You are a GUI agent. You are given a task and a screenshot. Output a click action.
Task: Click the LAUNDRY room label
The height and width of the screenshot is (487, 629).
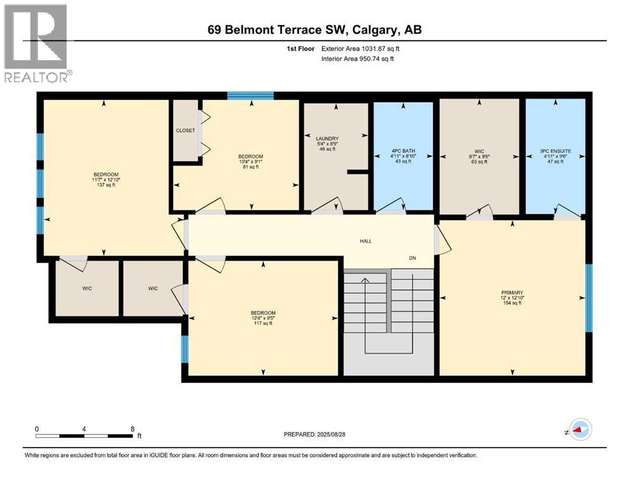pyautogui.click(x=327, y=138)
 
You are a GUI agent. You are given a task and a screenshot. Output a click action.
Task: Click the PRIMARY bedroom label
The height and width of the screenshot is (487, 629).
pyautogui.click(x=512, y=292)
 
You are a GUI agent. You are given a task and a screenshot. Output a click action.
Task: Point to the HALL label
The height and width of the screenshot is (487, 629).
pyautogui.click(x=366, y=241)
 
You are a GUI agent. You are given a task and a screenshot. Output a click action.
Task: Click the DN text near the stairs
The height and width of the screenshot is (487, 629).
pyautogui.click(x=412, y=257)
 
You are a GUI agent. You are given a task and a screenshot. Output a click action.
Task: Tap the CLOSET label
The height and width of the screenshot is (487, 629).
pyautogui.click(x=186, y=130)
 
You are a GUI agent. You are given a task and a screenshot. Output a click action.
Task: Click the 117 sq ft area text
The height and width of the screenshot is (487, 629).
pyautogui.click(x=263, y=323)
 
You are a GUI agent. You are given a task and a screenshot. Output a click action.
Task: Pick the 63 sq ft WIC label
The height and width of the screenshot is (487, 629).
pyautogui.click(x=480, y=162)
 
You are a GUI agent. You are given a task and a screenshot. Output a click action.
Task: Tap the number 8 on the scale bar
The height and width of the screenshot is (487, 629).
pyautogui.click(x=132, y=429)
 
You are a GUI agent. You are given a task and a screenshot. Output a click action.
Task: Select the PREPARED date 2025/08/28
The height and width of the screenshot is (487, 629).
pyautogui.click(x=324, y=434)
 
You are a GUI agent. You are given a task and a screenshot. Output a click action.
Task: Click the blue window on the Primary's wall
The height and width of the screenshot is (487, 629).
pyautogui.click(x=588, y=298)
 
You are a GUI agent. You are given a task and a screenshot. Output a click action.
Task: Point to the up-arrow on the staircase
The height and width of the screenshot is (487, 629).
pyautogui.click(x=364, y=280)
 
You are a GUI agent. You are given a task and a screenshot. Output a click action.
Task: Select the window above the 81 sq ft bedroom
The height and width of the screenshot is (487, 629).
pyautogui.click(x=250, y=96)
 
